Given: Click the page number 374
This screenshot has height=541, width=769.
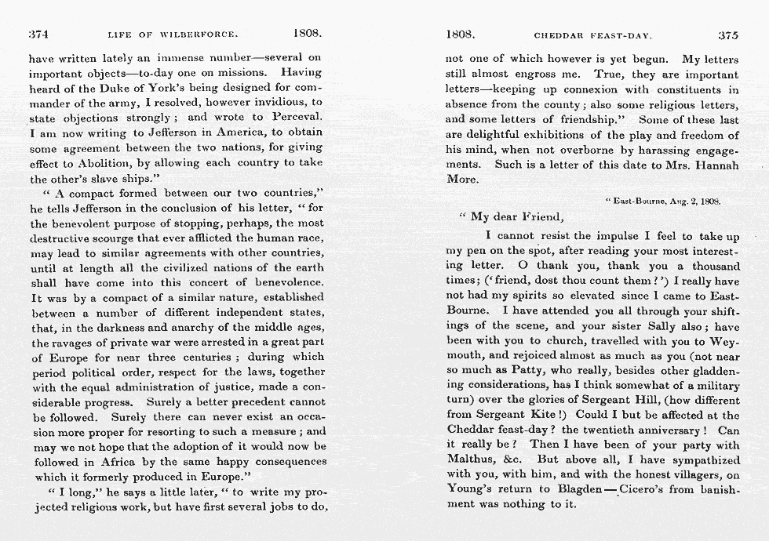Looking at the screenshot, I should coord(39,34).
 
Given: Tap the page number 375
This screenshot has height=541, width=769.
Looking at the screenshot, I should coord(727,35).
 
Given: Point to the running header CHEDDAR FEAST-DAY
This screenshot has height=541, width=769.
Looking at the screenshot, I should coord(593,35).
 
